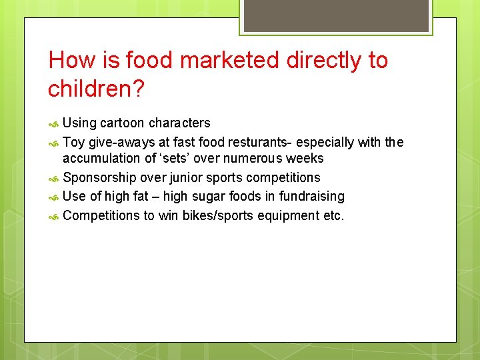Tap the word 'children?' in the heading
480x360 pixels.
tap(95, 89)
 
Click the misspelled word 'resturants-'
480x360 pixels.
tap(260, 141)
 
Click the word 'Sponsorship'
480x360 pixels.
tap(99, 178)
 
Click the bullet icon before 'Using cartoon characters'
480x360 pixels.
tap(55, 124)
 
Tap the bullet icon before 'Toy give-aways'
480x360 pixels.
tap(55, 143)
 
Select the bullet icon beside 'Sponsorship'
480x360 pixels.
tap(55, 179)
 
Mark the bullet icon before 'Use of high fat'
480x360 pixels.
tap(55, 197)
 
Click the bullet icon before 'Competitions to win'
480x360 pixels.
tap(55, 217)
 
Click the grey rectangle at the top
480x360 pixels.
tap(335, 15)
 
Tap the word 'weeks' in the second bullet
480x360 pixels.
tap(306, 159)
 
